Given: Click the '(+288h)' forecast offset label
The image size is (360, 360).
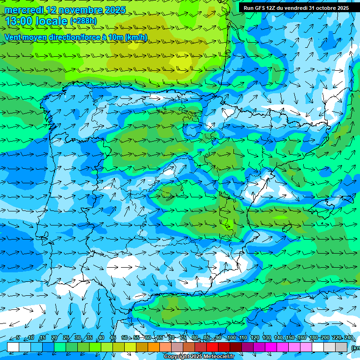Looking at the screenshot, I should point(83,21).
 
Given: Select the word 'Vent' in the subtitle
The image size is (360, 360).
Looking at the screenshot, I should point(14,37).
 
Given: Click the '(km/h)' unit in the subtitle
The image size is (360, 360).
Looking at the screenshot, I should point(136,37).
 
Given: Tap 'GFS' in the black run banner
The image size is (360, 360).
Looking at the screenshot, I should point(258,8).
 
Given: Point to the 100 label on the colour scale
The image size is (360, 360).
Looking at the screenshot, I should point(232,338).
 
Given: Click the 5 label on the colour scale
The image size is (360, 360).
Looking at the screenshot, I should point(18,338).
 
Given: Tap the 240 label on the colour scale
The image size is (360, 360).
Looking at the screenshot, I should point(349,338).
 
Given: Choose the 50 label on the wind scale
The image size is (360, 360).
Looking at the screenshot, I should point(125,338).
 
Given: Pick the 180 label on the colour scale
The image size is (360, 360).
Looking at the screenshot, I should point(313,338).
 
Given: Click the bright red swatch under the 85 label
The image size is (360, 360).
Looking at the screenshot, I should point(212,347).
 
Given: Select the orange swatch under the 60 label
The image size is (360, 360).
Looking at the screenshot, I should point(154,347).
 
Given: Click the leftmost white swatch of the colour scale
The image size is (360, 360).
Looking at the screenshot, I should point(13,347).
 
